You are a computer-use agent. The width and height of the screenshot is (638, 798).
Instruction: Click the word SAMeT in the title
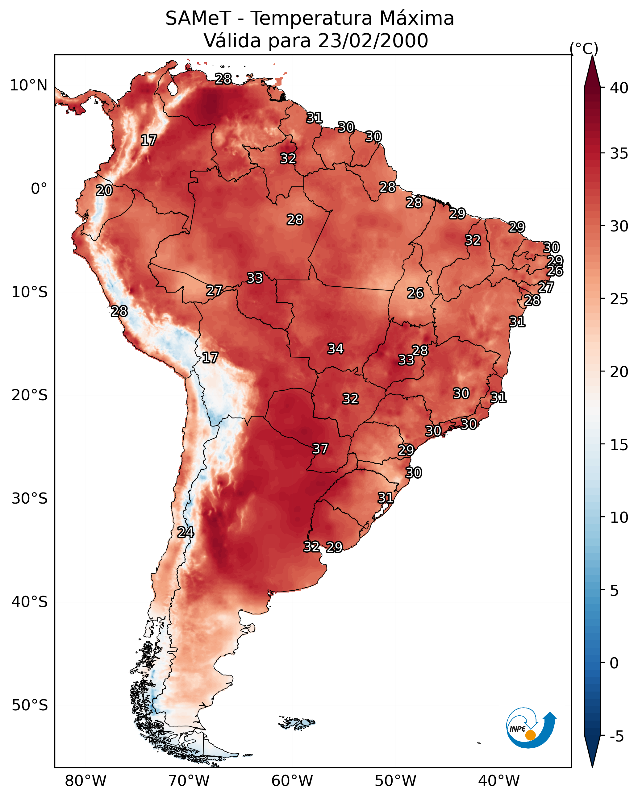(x=198, y=19)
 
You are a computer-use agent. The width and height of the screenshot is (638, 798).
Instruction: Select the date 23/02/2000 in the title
(x=373, y=41)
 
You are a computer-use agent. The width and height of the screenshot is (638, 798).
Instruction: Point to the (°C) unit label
(x=584, y=49)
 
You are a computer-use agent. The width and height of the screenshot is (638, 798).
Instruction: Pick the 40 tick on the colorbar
(x=619, y=88)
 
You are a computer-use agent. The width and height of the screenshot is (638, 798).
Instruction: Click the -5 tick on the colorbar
(x=617, y=737)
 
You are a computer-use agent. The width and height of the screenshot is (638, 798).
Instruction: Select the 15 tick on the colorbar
(x=619, y=445)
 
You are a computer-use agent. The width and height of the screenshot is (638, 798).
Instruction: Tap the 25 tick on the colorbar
(x=619, y=299)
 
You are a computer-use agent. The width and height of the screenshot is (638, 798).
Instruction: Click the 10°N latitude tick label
(x=28, y=85)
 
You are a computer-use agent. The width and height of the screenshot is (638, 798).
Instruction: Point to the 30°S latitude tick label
(x=30, y=499)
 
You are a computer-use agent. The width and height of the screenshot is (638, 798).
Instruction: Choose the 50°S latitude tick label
(x=30, y=705)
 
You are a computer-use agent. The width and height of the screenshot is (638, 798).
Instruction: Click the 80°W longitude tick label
(x=85, y=781)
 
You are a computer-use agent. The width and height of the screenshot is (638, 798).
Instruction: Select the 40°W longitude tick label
(x=499, y=781)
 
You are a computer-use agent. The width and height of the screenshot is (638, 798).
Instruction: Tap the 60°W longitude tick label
(x=292, y=781)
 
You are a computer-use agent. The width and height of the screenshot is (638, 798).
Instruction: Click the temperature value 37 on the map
(x=320, y=449)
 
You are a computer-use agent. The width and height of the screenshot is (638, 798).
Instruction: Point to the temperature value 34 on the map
(x=336, y=349)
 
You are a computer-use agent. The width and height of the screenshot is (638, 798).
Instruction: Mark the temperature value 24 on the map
(x=186, y=532)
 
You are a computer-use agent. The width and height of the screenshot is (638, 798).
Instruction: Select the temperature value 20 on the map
(x=104, y=191)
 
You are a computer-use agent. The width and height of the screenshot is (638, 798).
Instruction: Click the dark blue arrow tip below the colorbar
(x=592, y=767)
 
